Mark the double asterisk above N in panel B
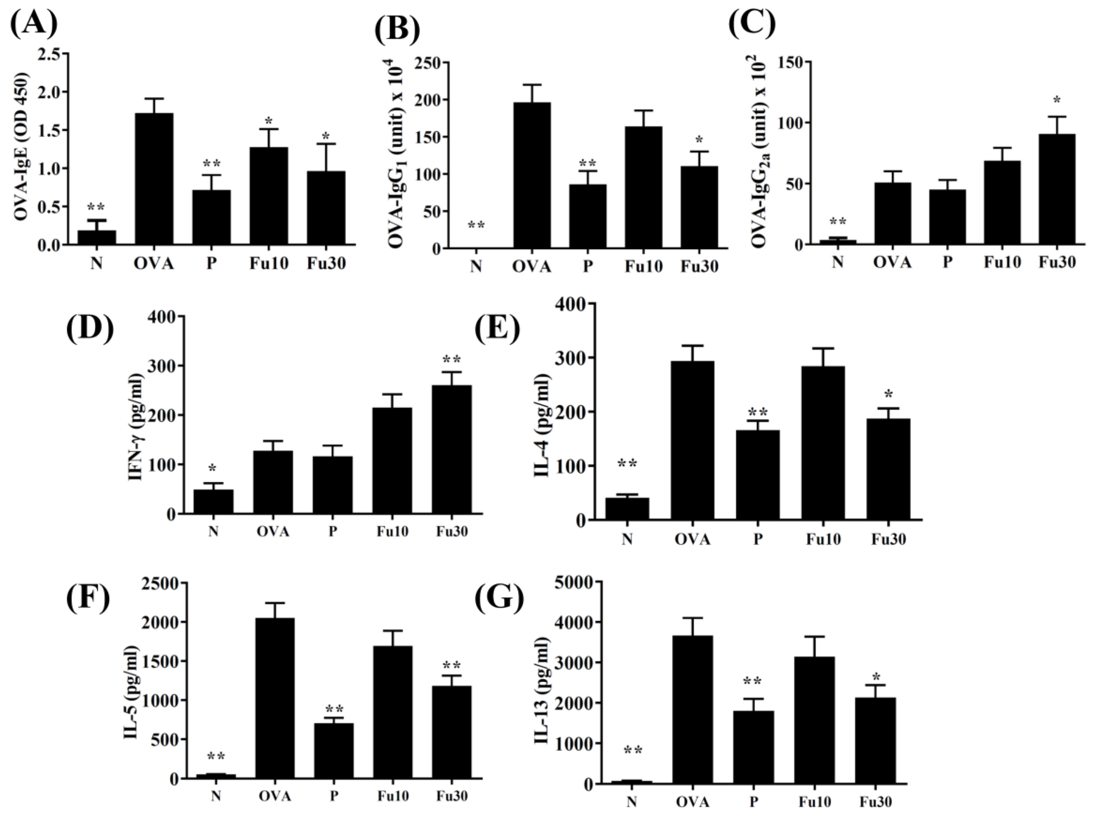pos(476,226)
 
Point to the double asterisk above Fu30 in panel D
pos(452,359)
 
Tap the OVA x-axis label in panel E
pos(692,539)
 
